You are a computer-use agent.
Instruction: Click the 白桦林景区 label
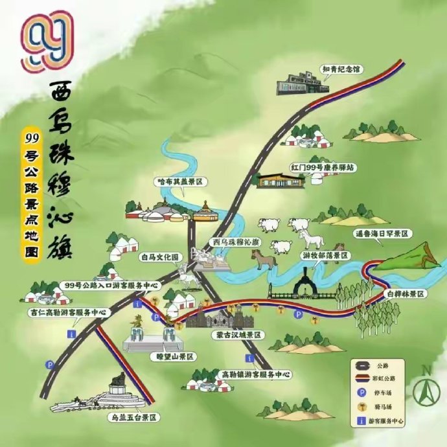point(406,294)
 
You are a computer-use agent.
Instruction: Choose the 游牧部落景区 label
point(325,256)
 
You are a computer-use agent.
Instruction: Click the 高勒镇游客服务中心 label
point(251,374)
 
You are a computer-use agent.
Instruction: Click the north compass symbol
point(427,387)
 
